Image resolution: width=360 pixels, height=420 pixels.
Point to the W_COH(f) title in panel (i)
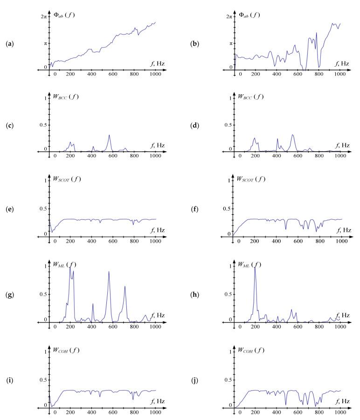[x=66, y=350]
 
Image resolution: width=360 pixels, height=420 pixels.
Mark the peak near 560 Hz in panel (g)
[x=109, y=272]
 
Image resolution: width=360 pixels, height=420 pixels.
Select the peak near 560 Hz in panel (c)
[x=109, y=135]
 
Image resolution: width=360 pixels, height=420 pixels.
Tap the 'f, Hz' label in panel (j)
[x=341, y=401]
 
